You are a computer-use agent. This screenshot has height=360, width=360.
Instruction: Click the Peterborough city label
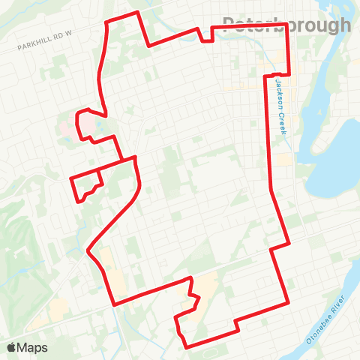pyautogui.click(x=287, y=25)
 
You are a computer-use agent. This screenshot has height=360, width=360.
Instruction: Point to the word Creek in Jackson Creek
pyautogui.click(x=283, y=121)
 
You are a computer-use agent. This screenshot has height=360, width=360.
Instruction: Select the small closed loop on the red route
pyautogui.click(x=85, y=184)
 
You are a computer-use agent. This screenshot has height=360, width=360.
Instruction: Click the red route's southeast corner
pyautogui.click(x=289, y=303)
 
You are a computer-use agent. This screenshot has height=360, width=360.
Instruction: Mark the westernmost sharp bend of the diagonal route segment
pyautogui.click(x=89, y=250)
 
